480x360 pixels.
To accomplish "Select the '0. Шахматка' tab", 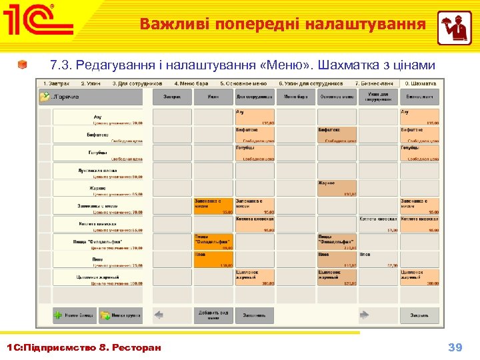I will click(421, 83).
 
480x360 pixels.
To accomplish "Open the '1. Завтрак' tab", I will click(56, 83).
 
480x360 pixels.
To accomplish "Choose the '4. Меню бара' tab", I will click(190, 83).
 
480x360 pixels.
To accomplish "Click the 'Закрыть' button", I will click(419, 315).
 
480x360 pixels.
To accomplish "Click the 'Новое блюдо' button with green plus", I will click(75, 315).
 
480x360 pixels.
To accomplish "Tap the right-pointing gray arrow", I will click(365, 315).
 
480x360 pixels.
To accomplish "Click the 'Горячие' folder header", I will click(91, 97).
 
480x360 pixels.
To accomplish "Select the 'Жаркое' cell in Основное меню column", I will click(337, 188).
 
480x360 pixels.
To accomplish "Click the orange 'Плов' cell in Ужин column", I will click(213, 259).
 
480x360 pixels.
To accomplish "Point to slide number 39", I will click(455, 347).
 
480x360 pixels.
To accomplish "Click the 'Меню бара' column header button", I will click(295, 97).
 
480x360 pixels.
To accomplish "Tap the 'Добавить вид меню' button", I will click(213, 315).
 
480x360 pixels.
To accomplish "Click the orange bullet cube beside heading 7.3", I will click(23, 65).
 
